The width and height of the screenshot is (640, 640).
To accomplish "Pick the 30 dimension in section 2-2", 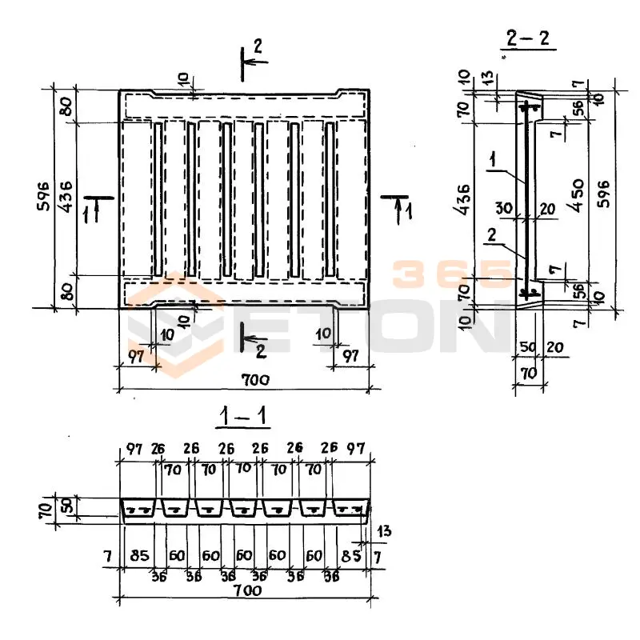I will pyautogui.click(x=503, y=207).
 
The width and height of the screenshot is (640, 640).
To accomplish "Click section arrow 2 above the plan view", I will pyautogui.click(x=257, y=49).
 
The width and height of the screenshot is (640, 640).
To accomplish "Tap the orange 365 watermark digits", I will pyautogui.click(x=452, y=276).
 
